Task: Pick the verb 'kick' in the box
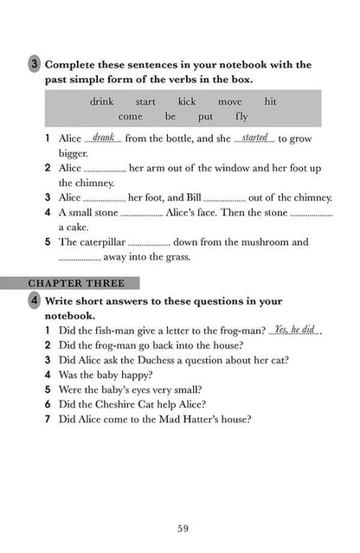186,102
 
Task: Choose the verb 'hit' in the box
270,102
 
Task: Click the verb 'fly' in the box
240,116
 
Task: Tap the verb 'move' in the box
229,102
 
